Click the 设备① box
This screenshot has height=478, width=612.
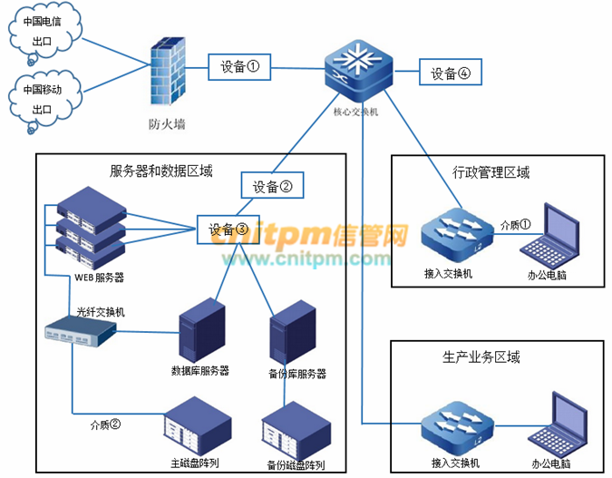[x=240, y=66]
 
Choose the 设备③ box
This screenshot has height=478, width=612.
[x=228, y=229]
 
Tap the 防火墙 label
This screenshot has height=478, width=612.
[x=167, y=123]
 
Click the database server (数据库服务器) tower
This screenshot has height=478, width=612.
[x=201, y=327]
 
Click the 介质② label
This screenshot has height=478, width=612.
[x=105, y=423]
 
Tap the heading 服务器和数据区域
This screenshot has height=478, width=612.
[x=161, y=170]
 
